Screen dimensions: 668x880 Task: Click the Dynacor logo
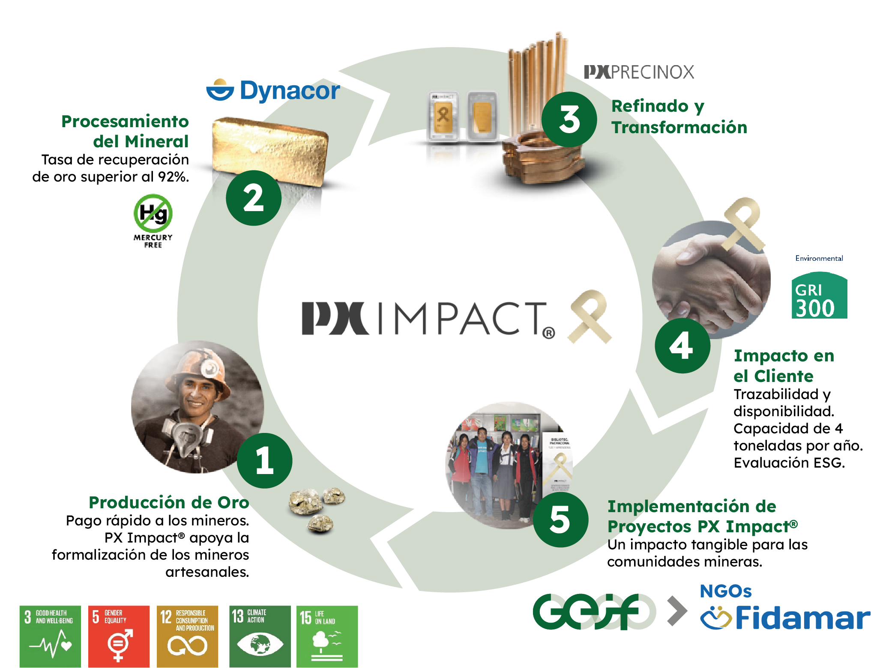(273, 90)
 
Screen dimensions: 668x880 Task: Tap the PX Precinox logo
(639, 72)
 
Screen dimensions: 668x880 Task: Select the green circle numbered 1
(264, 461)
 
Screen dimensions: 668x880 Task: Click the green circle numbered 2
(254, 198)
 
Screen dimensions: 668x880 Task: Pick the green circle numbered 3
(569, 119)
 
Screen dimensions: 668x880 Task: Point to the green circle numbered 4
(682, 345)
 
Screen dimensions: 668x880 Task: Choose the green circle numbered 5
(560, 519)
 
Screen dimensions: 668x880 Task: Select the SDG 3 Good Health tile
(50, 636)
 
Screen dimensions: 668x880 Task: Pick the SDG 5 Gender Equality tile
(119, 636)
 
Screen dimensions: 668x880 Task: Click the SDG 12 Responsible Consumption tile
(188, 636)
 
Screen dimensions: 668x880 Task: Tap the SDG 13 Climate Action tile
(260, 636)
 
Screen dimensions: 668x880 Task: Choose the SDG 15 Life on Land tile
(327, 636)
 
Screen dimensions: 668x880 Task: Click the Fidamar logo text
(802, 618)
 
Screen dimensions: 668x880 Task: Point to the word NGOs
(725, 591)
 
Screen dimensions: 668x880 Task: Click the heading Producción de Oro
(169, 502)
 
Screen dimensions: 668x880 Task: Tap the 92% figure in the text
(173, 176)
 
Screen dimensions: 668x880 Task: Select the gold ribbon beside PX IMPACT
(590, 316)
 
